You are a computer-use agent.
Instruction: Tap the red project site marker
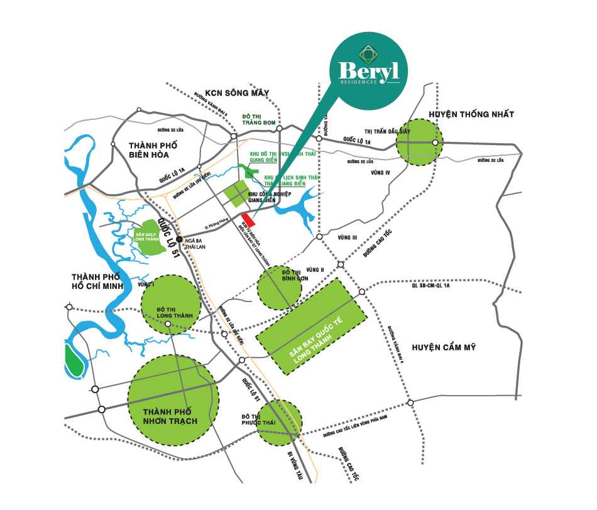pyautogui.click(x=249, y=220)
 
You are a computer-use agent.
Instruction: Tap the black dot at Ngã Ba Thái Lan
pyautogui.click(x=179, y=239)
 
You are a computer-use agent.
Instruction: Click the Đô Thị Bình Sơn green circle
pyautogui.click(x=280, y=287)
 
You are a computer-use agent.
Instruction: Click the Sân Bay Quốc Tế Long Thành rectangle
pyautogui.click(x=311, y=327)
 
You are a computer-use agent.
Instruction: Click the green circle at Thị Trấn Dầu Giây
pyautogui.click(x=419, y=143)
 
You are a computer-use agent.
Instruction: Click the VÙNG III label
pyautogui.click(x=346, y=237)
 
